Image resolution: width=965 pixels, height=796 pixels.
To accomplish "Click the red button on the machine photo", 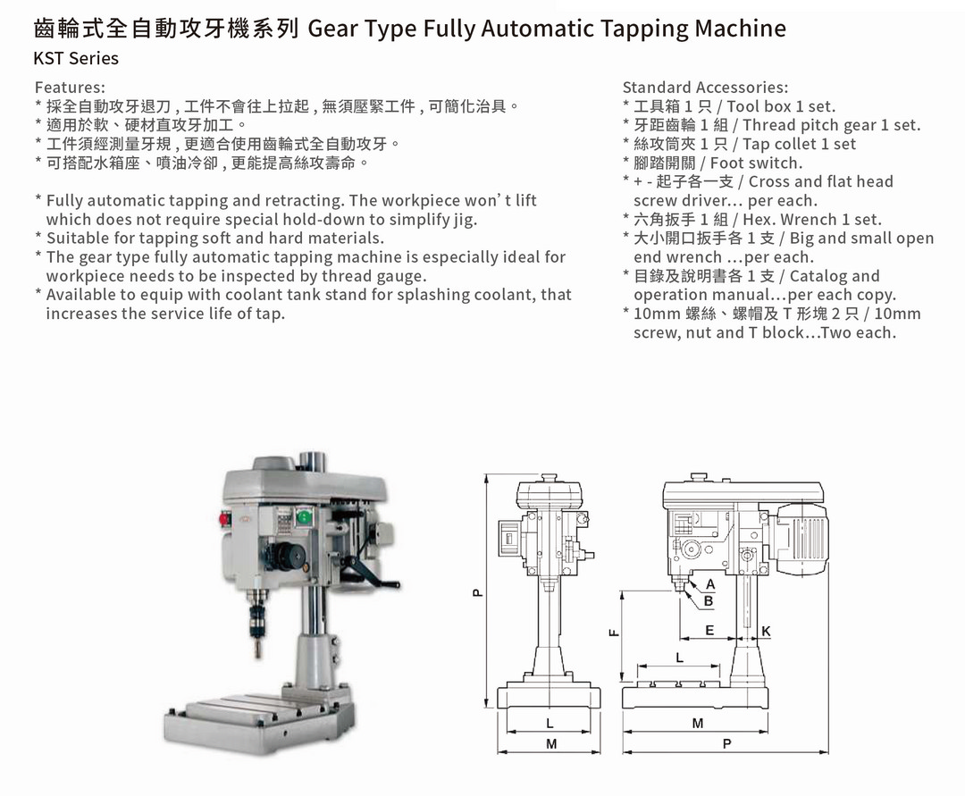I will point(222,516).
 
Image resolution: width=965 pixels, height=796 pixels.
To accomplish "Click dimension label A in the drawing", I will point(710,584).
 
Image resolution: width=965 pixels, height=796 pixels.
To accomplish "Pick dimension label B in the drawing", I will point(709,601).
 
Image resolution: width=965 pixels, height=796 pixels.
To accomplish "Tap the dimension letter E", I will point(709,631).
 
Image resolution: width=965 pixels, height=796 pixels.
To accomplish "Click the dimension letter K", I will point(766,632).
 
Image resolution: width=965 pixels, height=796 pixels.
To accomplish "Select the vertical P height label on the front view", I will point(476,591).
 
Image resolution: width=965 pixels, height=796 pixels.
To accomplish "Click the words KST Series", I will point(76,58).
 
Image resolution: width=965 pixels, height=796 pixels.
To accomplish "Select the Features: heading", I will point(70,88).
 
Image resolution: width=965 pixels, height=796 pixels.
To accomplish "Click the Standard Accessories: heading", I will point(705,88).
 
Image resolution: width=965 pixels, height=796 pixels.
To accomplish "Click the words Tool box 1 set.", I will point(781,106).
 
